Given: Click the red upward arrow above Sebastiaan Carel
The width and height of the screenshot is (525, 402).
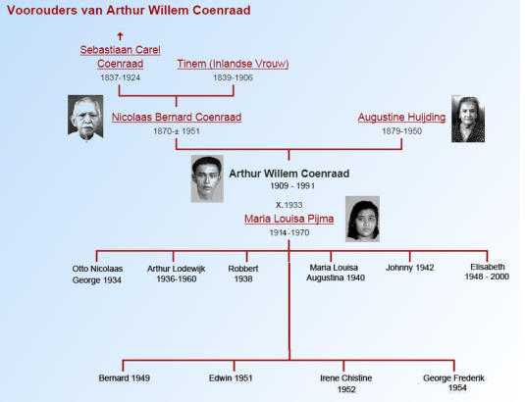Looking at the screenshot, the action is (x=120, y=36).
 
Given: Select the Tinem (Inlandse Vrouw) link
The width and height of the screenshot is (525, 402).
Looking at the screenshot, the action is (x=233, y=64).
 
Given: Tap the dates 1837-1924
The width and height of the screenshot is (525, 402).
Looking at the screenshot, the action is (x=120, y=77).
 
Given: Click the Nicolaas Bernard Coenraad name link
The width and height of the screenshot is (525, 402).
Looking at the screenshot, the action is (x=177, y=117).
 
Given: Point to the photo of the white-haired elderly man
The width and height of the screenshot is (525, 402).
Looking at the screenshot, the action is (x=85, y=118).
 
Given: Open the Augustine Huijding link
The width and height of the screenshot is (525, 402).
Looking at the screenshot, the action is (x=401, y=117).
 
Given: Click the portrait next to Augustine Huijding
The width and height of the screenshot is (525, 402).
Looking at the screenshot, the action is (x=468, y=119).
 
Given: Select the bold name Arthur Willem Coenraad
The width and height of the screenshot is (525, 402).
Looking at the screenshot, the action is (x=289, y=174).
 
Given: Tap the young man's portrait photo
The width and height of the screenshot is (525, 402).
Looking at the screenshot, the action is (x=207, y=178).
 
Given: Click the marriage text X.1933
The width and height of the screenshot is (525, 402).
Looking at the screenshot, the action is (x=289, y=205).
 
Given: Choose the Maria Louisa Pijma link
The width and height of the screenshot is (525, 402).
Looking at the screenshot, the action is (x=289, y=219).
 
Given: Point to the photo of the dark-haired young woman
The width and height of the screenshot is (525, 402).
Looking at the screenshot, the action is (x=362, y=219).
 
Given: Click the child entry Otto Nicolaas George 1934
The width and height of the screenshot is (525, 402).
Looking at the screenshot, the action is (x=97, y=275).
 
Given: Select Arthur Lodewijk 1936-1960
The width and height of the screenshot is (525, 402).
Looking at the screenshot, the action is (x=176, y=274).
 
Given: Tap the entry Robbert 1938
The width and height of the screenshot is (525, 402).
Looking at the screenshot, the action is (x=243, y=274).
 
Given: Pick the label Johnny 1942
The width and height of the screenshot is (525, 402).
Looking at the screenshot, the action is (x=410, y=268).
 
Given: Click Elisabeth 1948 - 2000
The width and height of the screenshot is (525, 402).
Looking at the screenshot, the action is (x=487, y=272).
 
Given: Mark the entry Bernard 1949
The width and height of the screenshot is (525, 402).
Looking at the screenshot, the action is (x=125, y=377).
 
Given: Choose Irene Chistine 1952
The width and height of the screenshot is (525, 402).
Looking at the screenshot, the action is (x=346, y=383).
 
